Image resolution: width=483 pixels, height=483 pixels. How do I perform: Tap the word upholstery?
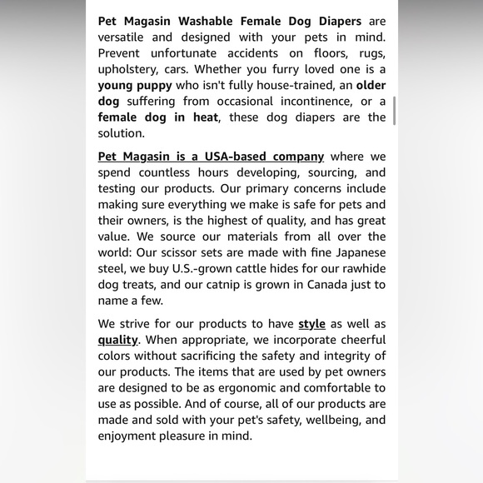click(130, 69)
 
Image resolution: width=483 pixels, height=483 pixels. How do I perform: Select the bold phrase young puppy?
click(135, 85)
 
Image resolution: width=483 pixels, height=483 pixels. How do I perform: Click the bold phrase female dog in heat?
click(157, 117)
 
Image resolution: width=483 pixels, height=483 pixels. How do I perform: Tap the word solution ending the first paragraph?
click(120, 133)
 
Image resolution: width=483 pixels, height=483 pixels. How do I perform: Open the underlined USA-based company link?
click(211, 157)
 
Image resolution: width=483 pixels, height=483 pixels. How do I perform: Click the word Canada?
click(328, 285)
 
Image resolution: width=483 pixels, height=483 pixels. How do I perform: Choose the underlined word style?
click(311, 324)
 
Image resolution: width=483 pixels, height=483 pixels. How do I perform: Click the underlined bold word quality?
click(117, 340)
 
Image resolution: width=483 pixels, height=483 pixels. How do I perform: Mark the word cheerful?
click(360, 340)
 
